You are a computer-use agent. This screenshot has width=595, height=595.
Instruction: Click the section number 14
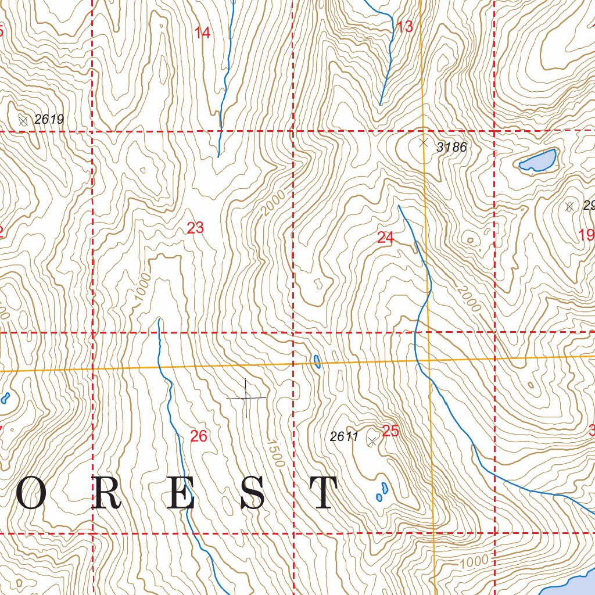click(202, 33)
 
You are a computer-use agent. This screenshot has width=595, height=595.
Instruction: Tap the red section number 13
click(404, 27)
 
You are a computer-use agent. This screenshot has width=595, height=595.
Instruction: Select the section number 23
click(195, 228)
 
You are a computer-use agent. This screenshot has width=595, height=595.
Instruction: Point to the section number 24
click(385, 237)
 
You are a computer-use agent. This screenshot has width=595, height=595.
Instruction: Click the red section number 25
click(390, 431)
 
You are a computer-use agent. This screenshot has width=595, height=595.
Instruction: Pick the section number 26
click(199, 436)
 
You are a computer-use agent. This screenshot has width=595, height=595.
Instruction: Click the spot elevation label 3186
click(451, 148)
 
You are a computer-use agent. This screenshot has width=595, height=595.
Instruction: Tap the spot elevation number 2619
click(49, 120)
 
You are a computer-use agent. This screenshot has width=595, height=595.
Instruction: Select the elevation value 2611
click(344, 437)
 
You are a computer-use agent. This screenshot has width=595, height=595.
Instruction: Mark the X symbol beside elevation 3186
click(424, 142)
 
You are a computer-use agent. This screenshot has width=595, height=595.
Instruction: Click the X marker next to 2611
click(372, 442)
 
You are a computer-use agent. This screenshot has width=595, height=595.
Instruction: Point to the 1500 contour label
click(276, 453)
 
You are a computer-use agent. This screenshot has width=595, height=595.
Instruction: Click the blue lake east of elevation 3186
click(538, 160)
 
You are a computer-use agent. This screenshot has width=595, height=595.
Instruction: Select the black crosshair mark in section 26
click(246, 398)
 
